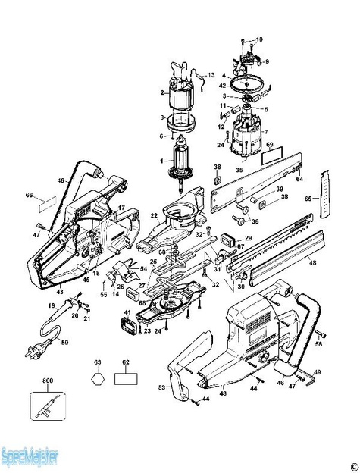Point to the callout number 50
point(64,343)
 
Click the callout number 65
point(308,198)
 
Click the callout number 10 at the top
point(259,39)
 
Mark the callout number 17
point(121,206)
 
